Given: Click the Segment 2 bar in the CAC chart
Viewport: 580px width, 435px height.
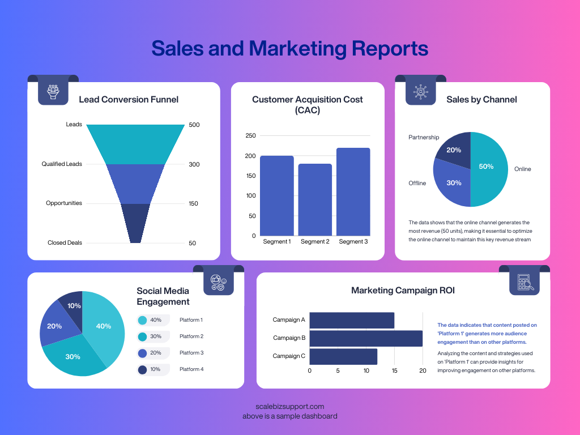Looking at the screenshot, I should tap(315, 199).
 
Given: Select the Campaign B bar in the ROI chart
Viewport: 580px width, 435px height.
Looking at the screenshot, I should tap(366, 338).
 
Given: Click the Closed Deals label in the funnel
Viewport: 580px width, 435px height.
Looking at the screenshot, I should tap(65, 242).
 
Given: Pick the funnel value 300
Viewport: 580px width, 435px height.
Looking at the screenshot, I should tap(194, 164).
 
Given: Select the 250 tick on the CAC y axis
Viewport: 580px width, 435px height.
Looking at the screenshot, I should tap(250, 135).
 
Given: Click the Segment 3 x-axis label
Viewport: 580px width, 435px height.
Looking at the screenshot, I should tap(353, 242).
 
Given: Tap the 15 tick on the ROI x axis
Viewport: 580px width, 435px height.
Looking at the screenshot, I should tap(394, 371).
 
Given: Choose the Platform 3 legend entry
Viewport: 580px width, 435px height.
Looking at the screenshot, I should tap(191, 353).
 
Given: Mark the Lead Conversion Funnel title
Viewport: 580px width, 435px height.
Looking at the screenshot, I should tap(129, 100).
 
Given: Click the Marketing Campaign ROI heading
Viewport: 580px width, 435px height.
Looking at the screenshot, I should tap(403, 291).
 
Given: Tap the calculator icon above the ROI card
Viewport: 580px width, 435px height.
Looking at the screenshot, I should tap(524, 282).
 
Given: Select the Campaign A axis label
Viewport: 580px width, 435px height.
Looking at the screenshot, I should tap(289, 319).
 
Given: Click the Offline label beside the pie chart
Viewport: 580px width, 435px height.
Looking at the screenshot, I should tap(417, 183).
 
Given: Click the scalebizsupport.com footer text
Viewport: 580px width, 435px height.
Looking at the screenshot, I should tap(289, 406).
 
